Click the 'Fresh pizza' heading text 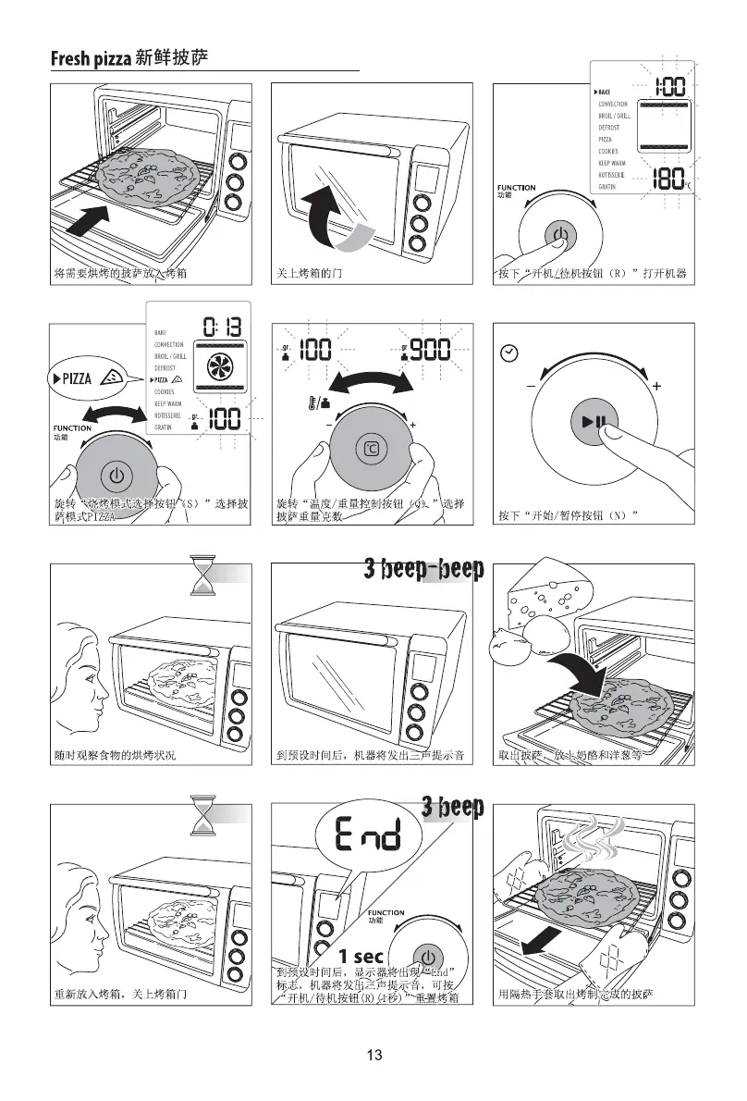pyautogui.click(x=91, y=60)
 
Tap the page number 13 pyautogui.click(x=373, y=1055)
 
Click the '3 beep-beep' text pyautogui.click(x=423, y=568)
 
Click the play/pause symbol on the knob pyautogui.click(x=594, y=423)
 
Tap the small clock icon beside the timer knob pyautogui.click(x=508, y=353)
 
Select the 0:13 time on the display pyautogui.click(x=222, y=327)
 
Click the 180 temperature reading pyautogui.click(x=667, y=179)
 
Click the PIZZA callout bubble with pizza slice pyautogui.click(x=85, y=377)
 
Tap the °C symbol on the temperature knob pyautogui.click(x=369, y=449)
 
